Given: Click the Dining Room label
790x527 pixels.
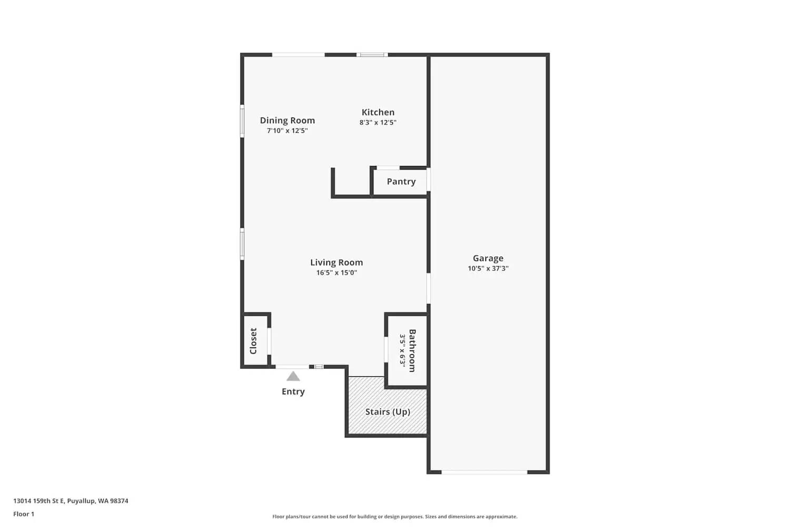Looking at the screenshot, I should pyautogui.click(x=287, y=121).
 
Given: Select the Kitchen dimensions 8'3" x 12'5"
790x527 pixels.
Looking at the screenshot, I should pyautogui.click(x=378, y=123).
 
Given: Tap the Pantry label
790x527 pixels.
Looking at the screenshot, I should pyautogui.click(x=401, y=182).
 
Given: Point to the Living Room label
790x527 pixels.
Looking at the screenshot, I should pyautogui.click(x=336, y=262).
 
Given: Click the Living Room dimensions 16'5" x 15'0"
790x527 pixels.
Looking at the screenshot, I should pyautogui.click(x=336, y=273).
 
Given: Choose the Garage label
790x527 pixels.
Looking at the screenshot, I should pyautogui.click(x=488, y=258).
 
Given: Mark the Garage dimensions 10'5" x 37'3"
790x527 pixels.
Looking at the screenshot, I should pyautogui.click(x=488, y=268).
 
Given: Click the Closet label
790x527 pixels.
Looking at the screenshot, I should pyautogui.click(x=253, y=341).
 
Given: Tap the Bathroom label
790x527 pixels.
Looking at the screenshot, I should pyautogui.click(x=412, y=350).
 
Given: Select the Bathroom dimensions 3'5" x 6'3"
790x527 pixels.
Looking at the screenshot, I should pyautogui.click(x=402, y=350).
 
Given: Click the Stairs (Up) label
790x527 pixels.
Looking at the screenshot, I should pyautogui.click(x=388, y=412).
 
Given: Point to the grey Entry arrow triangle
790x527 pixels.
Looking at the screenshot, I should pyautogui.click(x=293, y=376).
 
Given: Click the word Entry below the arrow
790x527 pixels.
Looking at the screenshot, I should pyautogui.click(x=293, y=392).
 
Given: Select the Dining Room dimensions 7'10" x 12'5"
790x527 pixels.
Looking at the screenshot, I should pyautogui.click(x=287, y=131).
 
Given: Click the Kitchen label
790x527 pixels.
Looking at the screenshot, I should pyautogui.click(x=378, y=112).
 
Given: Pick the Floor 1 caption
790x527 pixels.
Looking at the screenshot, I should pyautogui.click(x=24, y=514).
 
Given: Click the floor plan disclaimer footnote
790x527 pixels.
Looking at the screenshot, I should pyautogui.click(x=394, y=517).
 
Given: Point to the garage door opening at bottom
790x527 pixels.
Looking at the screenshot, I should pyautogui.click(x=484, y=472).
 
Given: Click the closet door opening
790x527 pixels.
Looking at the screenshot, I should pyautogui.click(x=269, y=341).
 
